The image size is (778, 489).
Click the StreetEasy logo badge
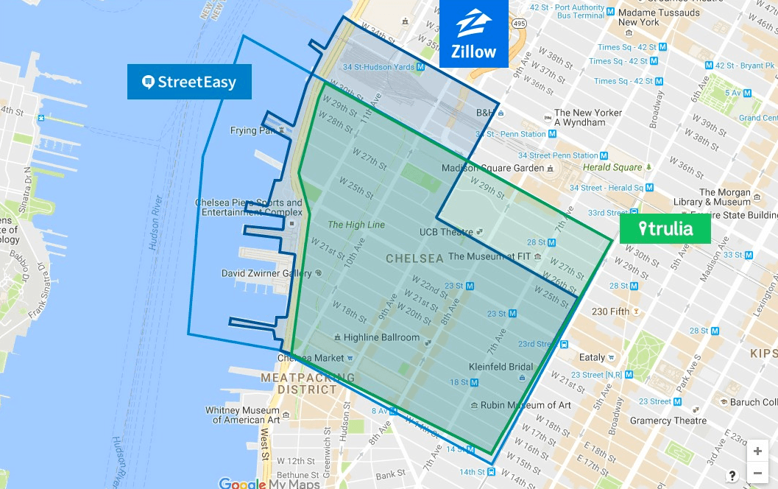click(189, 82)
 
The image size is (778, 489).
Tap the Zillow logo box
click(474, 34)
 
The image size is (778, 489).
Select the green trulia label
click(665, 228)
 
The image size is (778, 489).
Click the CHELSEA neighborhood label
click(414, 258)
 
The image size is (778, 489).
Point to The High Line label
click(356, 225)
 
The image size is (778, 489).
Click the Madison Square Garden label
click(492, 168)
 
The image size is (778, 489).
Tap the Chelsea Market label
click(310, 358)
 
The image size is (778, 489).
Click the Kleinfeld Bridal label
click(501, 366)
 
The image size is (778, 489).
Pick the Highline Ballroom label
click(381, 337)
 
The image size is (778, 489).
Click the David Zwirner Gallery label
click(266, 273)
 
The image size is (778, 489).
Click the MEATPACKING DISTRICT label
click(298, 383)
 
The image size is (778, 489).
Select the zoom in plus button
click(757, 451)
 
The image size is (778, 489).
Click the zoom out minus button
click(757, 474)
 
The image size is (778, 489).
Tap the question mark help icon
click(732, 475)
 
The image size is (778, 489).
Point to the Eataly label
click(592, 357)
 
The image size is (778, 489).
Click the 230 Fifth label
click(610, 312)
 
